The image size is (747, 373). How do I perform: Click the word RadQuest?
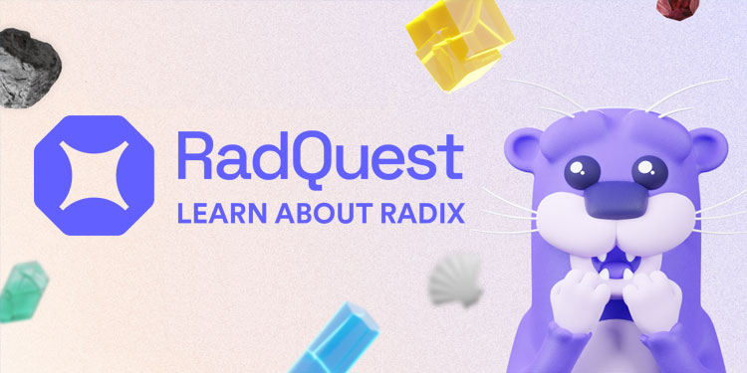click(319, 158)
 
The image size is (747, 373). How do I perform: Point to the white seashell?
click(458, 281)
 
